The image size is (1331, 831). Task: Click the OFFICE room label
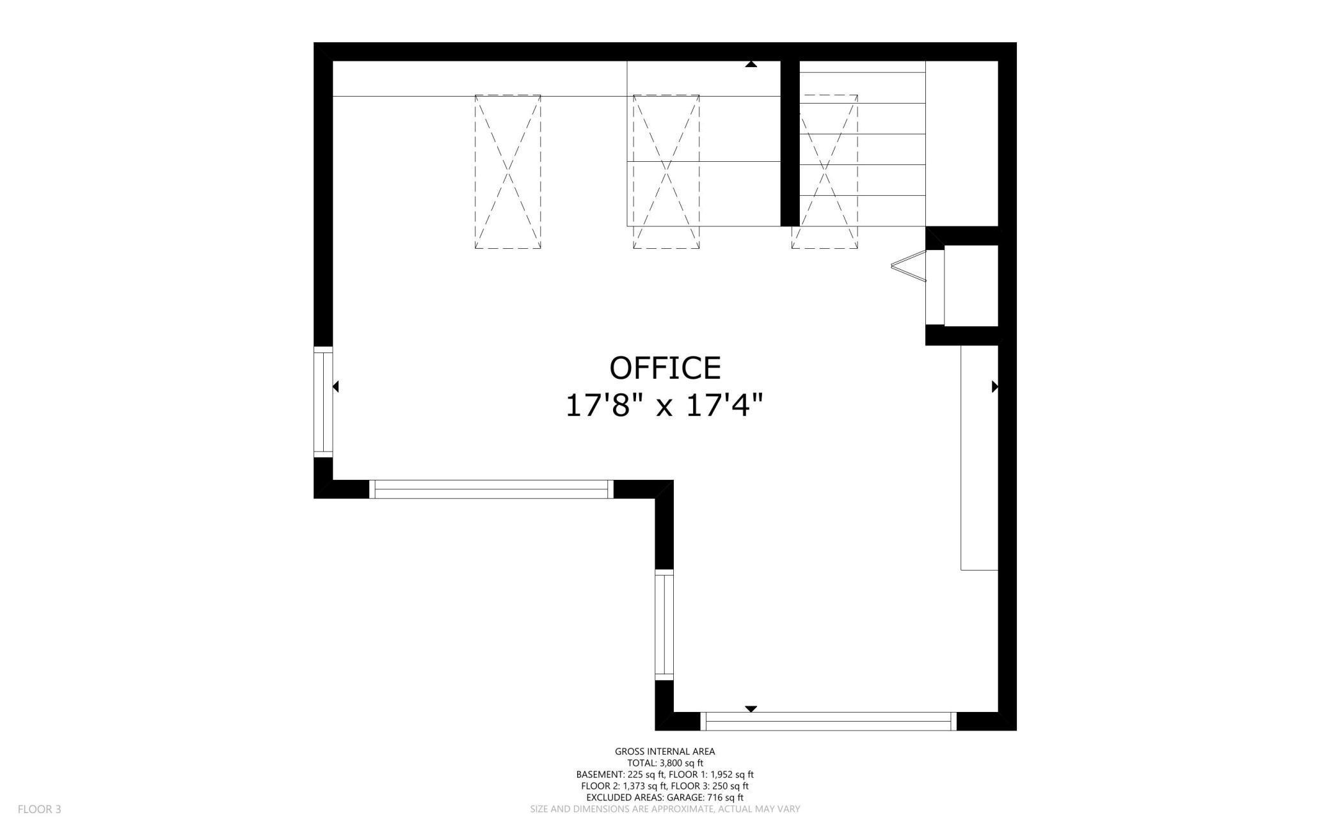665,368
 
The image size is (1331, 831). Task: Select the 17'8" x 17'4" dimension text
665,406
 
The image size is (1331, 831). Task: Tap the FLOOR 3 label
39,809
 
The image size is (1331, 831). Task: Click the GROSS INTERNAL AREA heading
665,752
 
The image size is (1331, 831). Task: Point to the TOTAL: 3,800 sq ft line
665,763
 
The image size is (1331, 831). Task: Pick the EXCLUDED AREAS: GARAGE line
665,798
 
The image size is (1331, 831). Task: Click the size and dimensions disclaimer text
665,809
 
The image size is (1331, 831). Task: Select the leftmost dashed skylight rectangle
507,171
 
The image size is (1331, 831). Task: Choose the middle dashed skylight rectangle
666,171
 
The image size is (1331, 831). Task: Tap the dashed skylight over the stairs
825,171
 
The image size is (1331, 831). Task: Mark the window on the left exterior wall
323,402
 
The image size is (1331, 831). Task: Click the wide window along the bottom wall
829,721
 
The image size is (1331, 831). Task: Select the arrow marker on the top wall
751,64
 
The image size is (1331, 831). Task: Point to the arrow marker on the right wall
994,386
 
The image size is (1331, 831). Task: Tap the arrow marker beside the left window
335,386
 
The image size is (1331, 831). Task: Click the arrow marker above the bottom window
751,709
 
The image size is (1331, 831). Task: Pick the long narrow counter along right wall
980,457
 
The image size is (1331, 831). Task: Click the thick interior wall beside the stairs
790,143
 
